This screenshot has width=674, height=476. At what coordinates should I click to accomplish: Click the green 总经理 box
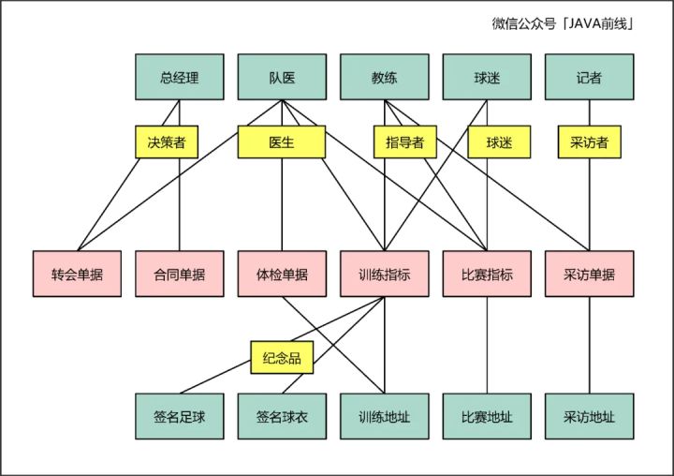click(179, 78)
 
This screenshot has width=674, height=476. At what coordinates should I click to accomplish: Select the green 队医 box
click(282, 78)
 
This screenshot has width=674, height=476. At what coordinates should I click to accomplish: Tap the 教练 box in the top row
click(384, 78)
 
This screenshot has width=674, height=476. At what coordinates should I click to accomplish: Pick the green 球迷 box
click(487, 78)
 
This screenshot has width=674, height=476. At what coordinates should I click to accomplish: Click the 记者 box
click(589, 78)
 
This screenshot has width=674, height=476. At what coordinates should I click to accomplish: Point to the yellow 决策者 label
click(166, 142)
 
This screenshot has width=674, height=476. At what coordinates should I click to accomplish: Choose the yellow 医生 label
click(281, 142)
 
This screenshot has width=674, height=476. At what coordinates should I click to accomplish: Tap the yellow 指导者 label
click(404, 142)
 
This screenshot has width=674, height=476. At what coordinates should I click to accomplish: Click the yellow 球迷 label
click(506, 142)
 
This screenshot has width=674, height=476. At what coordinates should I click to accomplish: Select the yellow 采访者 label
click(589, 142)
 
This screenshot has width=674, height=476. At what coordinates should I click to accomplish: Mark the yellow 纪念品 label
click(282, 356)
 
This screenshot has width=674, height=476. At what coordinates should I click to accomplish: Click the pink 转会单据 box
click(77, 275)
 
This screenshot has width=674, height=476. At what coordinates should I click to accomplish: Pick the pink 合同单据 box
click(179, 275)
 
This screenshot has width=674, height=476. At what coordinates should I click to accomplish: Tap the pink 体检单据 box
click(282, 275)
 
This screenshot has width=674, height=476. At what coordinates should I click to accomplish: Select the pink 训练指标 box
click(384, 275)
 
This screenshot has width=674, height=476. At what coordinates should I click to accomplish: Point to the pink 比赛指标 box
click(487, 275)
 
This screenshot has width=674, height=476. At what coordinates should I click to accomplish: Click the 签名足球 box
click(179, 416)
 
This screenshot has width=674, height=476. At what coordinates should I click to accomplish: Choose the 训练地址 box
click(384, 416)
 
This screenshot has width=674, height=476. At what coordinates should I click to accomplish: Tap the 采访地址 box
click(589, 416)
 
